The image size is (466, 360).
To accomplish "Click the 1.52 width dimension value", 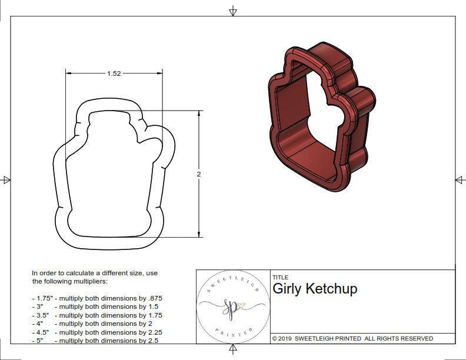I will click(x=114, y=74).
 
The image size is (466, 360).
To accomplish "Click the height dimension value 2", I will click(x=198, y=174).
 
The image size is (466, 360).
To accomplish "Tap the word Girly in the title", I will click(x=287, y=289).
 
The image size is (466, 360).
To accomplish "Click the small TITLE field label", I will click(x=280, y=277).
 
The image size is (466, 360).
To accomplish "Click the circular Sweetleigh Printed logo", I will click(x=233, y=306).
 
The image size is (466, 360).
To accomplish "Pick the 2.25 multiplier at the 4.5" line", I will click(x=151, y=332).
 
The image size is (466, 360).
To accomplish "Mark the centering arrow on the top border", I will click(x=233, y=11).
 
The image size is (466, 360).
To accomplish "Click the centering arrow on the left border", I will click(x=6, y=180).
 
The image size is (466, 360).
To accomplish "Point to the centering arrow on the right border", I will click(x=460, y=180).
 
